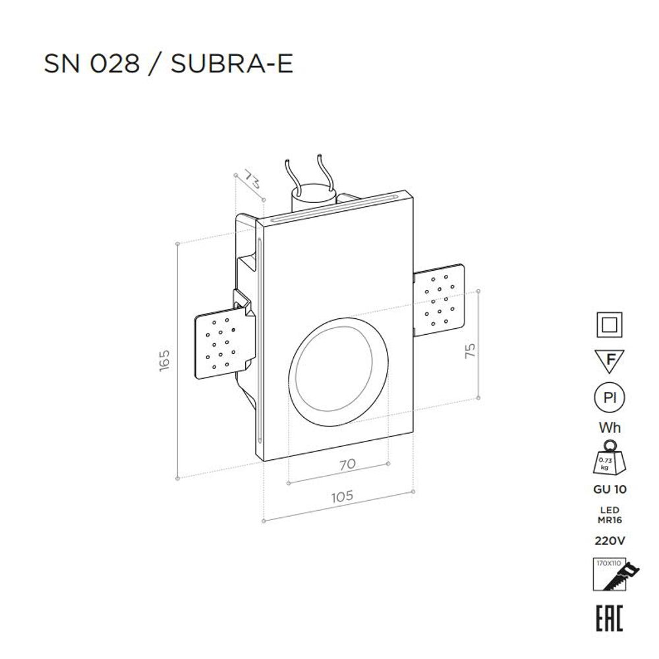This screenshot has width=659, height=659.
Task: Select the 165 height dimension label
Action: [x=165, y=360]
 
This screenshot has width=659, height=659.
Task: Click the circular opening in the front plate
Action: [x=338, y=373]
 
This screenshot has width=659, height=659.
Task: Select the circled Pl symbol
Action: [x=610, y=398]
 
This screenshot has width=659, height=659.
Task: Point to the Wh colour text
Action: [x=610, y=428]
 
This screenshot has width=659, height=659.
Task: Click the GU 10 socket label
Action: [x=610, y=490]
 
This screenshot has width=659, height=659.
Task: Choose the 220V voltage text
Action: [x=610, y=541]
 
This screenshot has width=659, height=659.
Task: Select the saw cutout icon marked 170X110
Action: [x=610, y=575]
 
